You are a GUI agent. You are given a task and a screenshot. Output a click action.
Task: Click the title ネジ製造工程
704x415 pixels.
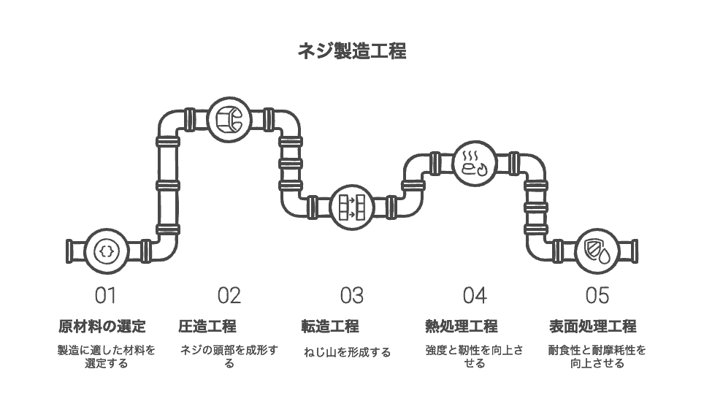[x=352, y=50]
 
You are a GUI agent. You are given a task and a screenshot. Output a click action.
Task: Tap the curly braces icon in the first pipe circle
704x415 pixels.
[x=107, y=251]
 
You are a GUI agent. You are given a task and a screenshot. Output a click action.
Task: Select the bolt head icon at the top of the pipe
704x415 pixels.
[x=229, y=120]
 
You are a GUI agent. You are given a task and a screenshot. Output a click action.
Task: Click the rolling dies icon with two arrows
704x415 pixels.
[x=352, y=207]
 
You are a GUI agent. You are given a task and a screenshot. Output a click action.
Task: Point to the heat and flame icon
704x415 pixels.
[x=475, y=163]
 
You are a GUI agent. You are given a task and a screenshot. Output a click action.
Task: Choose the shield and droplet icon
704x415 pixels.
[x=597, y=251]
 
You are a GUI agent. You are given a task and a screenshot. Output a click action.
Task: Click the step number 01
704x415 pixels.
[x=105, y=295]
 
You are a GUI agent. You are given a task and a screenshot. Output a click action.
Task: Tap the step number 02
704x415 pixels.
[x=229, y=295]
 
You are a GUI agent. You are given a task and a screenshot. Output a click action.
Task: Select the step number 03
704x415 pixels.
[x=351, y=295]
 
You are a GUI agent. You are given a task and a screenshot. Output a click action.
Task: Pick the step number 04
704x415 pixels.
[x=475, y=295]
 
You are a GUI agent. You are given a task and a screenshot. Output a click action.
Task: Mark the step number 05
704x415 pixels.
[x=597, y=295]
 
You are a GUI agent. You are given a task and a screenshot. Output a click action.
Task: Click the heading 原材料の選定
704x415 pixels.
[x=102, y=326]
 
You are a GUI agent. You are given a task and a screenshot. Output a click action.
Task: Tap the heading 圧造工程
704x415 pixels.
[x=207, y=326]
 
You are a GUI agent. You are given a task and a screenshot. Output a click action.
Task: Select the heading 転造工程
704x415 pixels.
[x=330, y=326]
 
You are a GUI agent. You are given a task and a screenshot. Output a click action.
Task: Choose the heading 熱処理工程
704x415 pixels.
[x=461, y=326]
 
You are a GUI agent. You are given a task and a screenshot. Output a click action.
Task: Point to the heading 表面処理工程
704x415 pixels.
[x=593, y=326]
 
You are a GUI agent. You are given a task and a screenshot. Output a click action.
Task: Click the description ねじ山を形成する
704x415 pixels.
[x=347, y=352]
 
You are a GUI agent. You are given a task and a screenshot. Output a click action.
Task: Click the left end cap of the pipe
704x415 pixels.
[x=69, y=251]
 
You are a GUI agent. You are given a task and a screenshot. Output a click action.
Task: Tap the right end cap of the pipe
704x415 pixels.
[x=635, y=251]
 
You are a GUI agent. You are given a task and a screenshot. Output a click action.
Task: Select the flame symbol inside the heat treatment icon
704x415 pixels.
[x=482, y=170]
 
